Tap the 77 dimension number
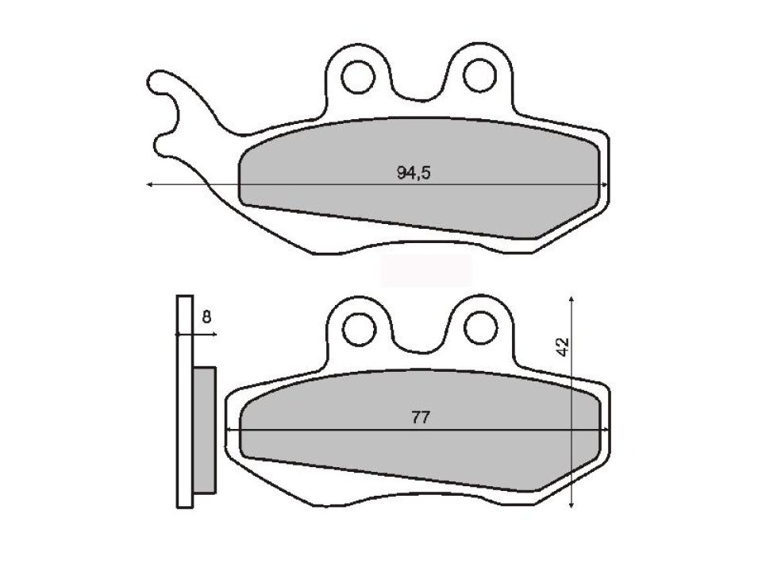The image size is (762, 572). [421, 419]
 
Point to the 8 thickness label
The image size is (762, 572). [206, 318]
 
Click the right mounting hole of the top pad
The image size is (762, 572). [479, 75]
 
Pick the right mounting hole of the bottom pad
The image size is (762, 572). [479, 323]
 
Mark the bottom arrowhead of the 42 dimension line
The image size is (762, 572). [572, 506]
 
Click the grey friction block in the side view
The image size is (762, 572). [205, 429]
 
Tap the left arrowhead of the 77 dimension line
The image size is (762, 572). [230, 430]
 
